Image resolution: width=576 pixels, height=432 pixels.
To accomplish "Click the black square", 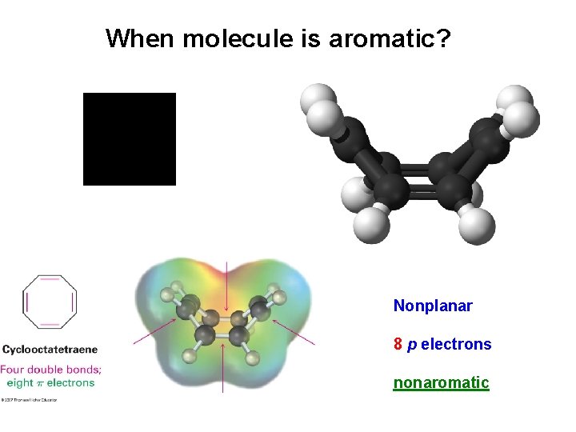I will tap(130, 139).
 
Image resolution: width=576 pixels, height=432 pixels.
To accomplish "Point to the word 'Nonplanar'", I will tap(433, 306).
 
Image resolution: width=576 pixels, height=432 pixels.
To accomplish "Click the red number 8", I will tap(398, 345).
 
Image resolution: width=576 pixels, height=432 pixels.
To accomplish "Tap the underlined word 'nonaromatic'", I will tap(441, 383).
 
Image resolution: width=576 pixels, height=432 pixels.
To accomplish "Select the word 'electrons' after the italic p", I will tap(456, 345).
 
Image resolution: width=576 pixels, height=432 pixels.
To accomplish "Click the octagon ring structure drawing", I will tap(50, 302).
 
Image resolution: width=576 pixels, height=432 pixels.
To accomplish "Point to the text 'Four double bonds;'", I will tap(50, 370).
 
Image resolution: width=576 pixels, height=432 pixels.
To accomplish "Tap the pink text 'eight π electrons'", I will tap(50, 382).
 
